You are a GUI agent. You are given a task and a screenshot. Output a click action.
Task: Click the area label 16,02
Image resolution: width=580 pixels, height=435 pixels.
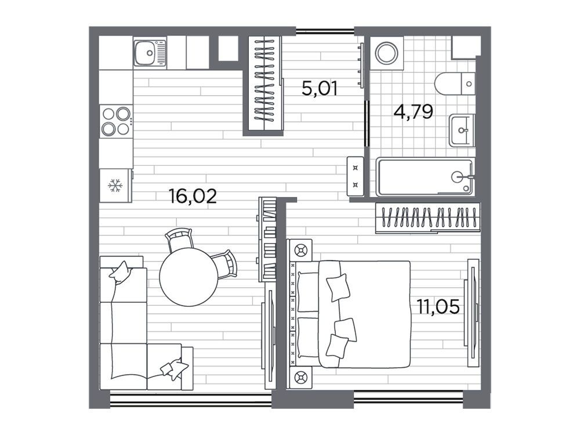click(x=193, y=196)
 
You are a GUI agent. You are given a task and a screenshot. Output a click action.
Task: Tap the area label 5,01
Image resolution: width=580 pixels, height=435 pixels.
click(x=320, y=89)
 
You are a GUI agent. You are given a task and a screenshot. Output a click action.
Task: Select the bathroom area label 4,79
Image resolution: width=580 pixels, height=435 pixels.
click(x=413, y=111)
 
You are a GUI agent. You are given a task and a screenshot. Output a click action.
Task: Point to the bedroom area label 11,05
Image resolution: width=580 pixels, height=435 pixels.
click(x=438, y=307)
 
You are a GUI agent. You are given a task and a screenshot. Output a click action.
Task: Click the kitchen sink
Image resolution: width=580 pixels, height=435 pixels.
click(x=150, y=53)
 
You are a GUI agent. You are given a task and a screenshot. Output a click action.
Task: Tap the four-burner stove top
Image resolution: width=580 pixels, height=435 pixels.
click(x=116, y=121)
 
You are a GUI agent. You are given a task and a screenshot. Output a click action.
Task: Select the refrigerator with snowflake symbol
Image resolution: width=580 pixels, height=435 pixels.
click(x=115, y=186)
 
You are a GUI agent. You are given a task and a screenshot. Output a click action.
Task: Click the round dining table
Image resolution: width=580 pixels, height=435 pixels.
click(x=188, y=277)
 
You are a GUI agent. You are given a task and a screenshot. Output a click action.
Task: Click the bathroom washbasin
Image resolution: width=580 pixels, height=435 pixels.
click(x=462, y=130)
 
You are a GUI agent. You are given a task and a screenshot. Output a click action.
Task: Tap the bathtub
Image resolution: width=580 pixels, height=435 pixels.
click(x=425, y=177)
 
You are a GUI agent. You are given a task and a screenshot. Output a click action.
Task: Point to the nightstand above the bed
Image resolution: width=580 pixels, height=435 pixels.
click(x=300, y=250)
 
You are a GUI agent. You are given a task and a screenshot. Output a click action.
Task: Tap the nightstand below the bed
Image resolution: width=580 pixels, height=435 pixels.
click(x=300, y=378)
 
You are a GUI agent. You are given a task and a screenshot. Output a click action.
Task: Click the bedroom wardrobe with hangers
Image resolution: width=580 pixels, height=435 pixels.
click(x=427, y=218)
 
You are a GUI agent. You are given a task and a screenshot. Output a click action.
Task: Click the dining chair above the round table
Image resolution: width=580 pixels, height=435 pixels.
click(x=179, y=240)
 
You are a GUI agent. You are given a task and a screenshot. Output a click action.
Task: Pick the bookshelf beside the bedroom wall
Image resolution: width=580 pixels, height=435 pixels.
click(x=267, y=240)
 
